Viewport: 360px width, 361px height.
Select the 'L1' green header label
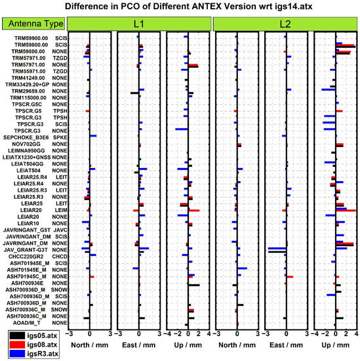140,24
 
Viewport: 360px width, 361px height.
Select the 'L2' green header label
285,24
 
